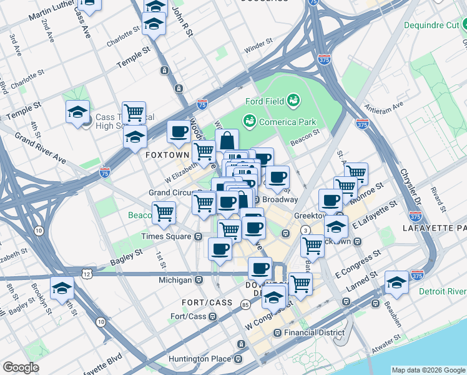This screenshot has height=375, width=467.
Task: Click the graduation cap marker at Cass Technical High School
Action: point(77,112)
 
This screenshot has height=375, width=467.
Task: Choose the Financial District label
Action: point(313,332)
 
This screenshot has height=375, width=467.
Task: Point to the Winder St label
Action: point(258,46)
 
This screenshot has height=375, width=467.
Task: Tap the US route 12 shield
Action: point(86,274)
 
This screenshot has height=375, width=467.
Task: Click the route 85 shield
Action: point(245,305)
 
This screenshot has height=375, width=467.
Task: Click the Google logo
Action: point(21,367)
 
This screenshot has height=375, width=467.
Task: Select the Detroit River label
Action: point(443,292)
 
